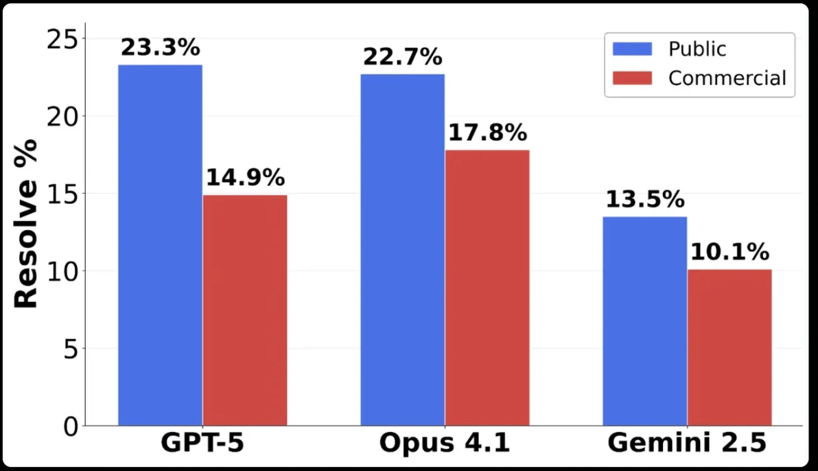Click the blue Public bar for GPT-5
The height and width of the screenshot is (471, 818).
pos(160,245)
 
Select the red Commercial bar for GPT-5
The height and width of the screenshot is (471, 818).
pos(245,310)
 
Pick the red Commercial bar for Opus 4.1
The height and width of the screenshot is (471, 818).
pos(487,288)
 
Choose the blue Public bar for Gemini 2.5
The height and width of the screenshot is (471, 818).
pos(645,321)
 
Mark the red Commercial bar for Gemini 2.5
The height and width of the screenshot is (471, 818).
pos(729,347)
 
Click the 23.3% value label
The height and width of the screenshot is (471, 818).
pos(160,48)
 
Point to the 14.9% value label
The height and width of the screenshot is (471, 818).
pos(245,178)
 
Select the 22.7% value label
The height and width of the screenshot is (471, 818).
pos(403,58)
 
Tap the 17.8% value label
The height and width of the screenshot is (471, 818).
pos(487,133)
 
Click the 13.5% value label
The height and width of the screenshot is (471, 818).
pos(645,200)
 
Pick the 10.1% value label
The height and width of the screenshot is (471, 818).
pos(729,253)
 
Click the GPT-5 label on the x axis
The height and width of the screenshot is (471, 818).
pos(202,444)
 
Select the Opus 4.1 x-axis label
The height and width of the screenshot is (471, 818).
pos(445,444)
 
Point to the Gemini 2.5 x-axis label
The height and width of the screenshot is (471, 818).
pos(687,444)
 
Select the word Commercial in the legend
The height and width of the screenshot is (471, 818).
pos(727,78)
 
